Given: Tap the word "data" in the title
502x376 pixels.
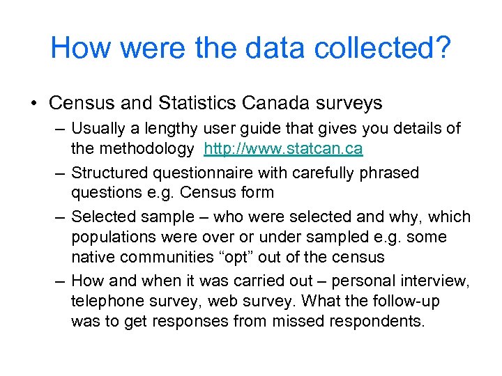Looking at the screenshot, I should click(x=266, y=48).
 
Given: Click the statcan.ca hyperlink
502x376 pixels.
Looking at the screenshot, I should click(x=283, y=149).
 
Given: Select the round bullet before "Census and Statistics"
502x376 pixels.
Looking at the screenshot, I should click(x=34, y=104).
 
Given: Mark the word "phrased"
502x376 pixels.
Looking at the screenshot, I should click(x=388, y=173).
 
